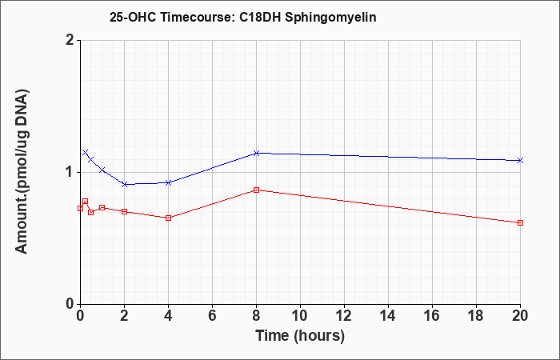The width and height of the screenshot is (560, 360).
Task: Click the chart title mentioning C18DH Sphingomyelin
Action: pyautogui.click(x=243, y=17)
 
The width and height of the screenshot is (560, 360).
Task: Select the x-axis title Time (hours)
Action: pyautogui.click(x=300, y=336)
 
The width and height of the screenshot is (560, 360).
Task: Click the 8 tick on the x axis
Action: pyautogui.click(x=256, y=316)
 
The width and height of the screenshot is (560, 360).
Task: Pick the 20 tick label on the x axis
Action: pyautogui.click(x=520, y=316)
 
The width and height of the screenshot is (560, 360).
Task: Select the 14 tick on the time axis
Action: pyautogui.click(x=388, y=316)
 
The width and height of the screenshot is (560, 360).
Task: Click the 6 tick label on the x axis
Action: pyautogui.click(x=212, y=316)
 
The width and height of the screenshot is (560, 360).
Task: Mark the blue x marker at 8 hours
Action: pyautogui.click(x=256, y=154)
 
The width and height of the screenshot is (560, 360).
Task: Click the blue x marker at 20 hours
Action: pyautogui.click(x=520, y=160)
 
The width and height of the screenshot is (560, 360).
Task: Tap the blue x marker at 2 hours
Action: pyautogui.click(x=124, y=184)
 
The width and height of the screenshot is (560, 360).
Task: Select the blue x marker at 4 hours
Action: pyautogui.click(x=168, y=182)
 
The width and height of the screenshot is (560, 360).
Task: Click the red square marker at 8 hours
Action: pyautogui.click(x=256, y=190)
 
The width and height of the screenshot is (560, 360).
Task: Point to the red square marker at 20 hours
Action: pyautogui.click(x=520, y=223)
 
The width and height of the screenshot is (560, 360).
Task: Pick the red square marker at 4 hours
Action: pyautogui.click(x=168, y=218)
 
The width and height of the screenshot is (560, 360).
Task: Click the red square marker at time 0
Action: pyautogui.click(x=80, y=208)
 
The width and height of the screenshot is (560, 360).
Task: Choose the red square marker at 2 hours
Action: pyautogui.click(x=124, y=212)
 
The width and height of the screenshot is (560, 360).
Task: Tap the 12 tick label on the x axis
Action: pyautogui.click(x=344, y=316)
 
